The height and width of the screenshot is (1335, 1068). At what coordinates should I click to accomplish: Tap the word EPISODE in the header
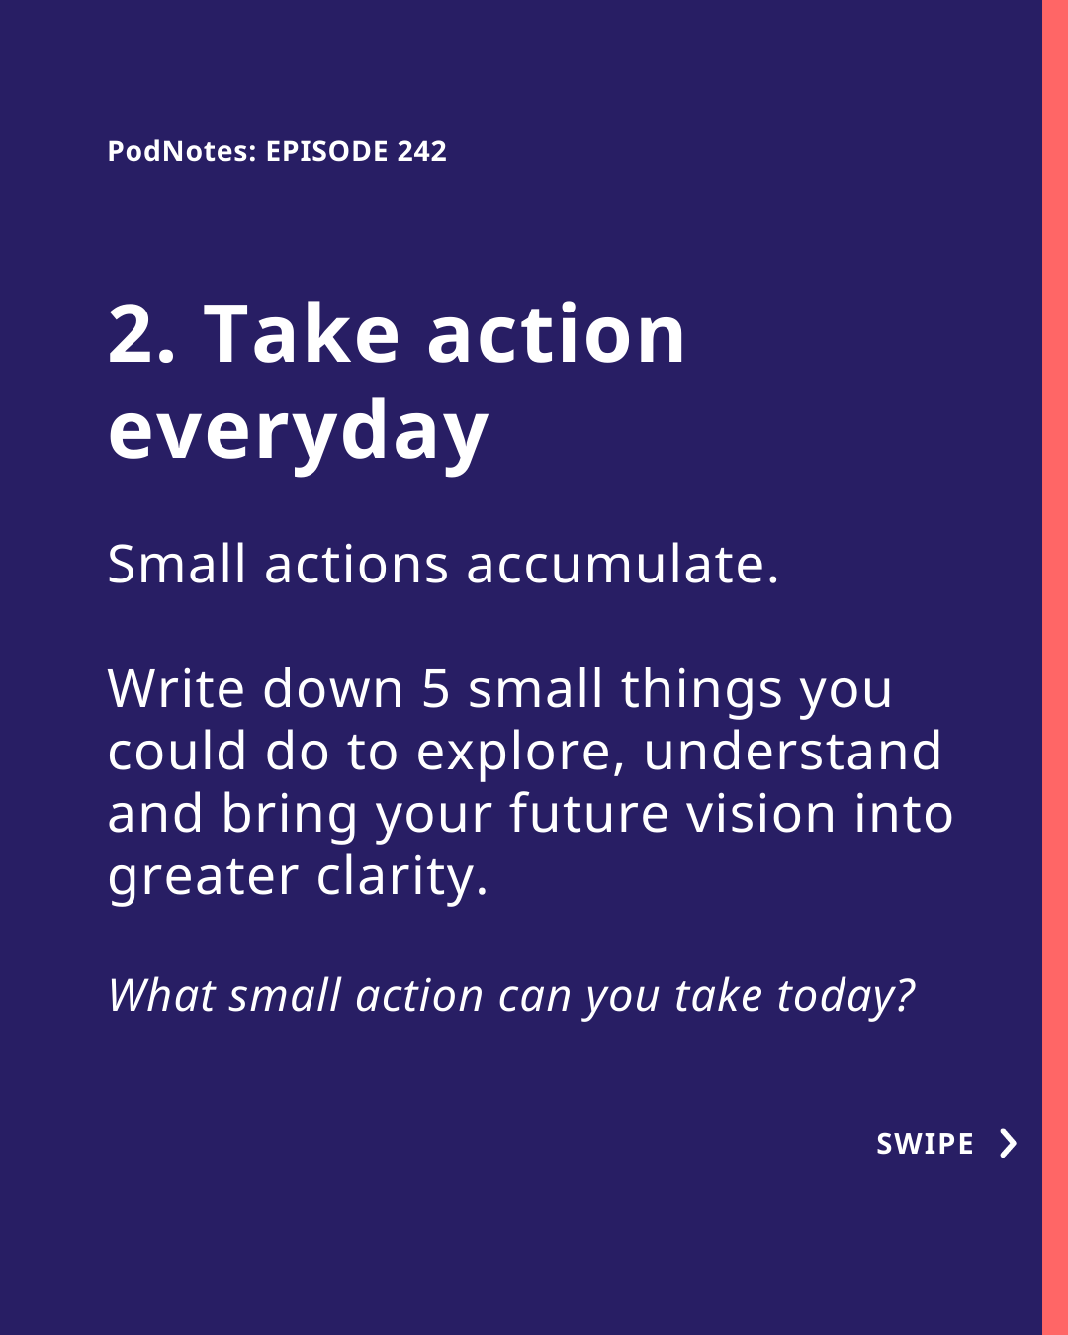(x=327, y=151)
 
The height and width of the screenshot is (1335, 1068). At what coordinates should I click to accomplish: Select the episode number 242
(x=422, y=151)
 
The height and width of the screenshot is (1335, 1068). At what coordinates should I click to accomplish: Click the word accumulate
(x=622, y=564)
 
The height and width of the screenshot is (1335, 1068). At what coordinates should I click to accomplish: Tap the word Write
(x=176, y=688)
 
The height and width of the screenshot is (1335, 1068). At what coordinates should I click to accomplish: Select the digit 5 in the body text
(x=436, y=688)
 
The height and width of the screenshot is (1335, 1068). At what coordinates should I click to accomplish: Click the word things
(x=702, y=692)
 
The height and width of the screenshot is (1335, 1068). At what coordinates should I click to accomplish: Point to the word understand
(x=792, y=751)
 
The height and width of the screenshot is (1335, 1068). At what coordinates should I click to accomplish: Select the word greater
(x=203, y=880)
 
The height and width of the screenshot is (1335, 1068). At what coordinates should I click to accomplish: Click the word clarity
(x=402, y=880)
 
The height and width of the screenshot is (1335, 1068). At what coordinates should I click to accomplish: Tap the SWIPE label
(x=925, y=1144)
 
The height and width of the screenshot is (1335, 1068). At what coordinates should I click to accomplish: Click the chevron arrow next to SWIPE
(x=1009, y=1144)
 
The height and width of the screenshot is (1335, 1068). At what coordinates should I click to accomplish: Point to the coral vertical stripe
(x=1055, y=667)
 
